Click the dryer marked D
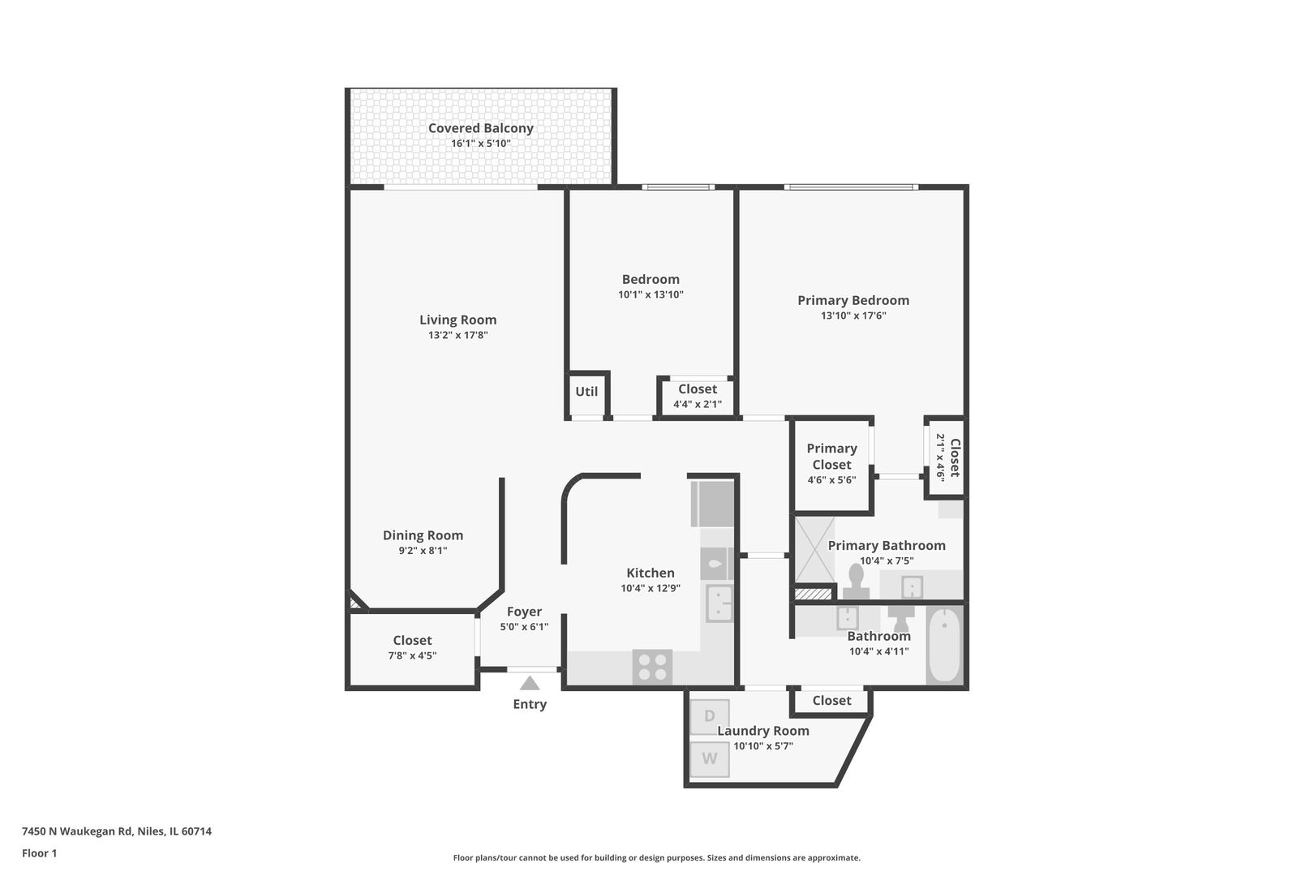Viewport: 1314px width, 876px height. point(709,716)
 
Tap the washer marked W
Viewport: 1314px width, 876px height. point(709,759)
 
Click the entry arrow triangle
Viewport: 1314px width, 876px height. point(530,683)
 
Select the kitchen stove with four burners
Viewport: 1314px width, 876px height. point(653,668)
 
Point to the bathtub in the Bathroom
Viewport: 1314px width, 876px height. point(943,646)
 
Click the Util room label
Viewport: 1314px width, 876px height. point(586,392)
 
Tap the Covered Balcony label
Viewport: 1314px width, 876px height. point(480,128)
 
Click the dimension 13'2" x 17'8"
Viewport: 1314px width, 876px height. point(457,335)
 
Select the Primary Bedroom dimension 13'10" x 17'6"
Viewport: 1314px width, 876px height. point(852,316)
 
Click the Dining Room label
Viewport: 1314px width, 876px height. point(423,535)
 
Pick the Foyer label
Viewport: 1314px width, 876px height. point(524,612)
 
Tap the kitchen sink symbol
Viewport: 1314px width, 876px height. point(719,603)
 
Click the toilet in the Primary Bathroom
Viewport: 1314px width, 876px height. point(855,581)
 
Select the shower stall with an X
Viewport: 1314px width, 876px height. point(814,550)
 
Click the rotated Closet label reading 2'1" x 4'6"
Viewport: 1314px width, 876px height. point(947,457)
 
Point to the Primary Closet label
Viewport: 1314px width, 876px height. point(831,456)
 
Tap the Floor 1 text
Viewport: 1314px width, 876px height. point(39,853)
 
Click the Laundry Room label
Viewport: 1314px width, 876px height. point(762,731)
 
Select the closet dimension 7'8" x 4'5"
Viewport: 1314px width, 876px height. point(412,655)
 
